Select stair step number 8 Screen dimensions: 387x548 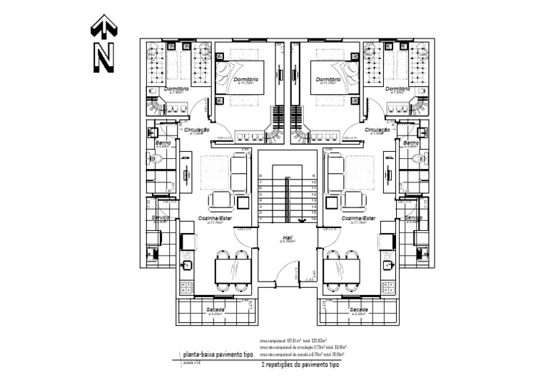pos(262,176)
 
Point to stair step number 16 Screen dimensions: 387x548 pos(313,219)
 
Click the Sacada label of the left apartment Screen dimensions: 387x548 pos(215,309)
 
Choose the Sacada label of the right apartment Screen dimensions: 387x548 pos(359,309)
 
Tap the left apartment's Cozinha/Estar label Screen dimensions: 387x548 pos(216,218)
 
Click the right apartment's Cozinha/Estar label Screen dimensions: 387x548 pos(359,218)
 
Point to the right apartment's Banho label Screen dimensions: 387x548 pos(410,143)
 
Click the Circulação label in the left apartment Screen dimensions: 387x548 pos(196,130)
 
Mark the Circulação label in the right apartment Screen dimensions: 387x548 pos(377,130)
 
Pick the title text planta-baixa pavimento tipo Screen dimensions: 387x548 pos(217,354)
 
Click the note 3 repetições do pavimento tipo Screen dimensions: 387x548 pos(300,364)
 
